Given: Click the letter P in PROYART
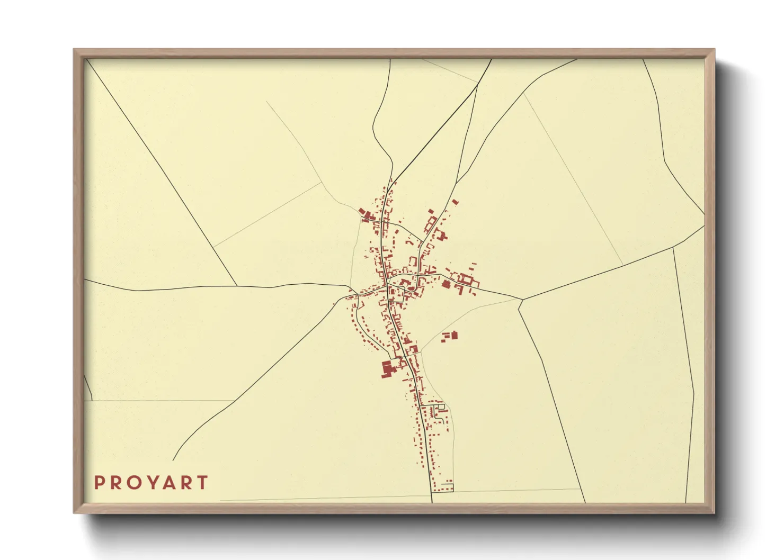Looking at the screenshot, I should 99,483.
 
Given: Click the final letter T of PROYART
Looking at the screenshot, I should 202,483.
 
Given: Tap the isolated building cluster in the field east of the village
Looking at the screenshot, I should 450,335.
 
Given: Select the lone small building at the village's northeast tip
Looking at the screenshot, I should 455,202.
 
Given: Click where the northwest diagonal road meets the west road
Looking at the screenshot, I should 236,286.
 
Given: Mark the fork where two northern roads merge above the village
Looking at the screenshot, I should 393,180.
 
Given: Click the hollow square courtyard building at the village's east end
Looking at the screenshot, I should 467,278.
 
